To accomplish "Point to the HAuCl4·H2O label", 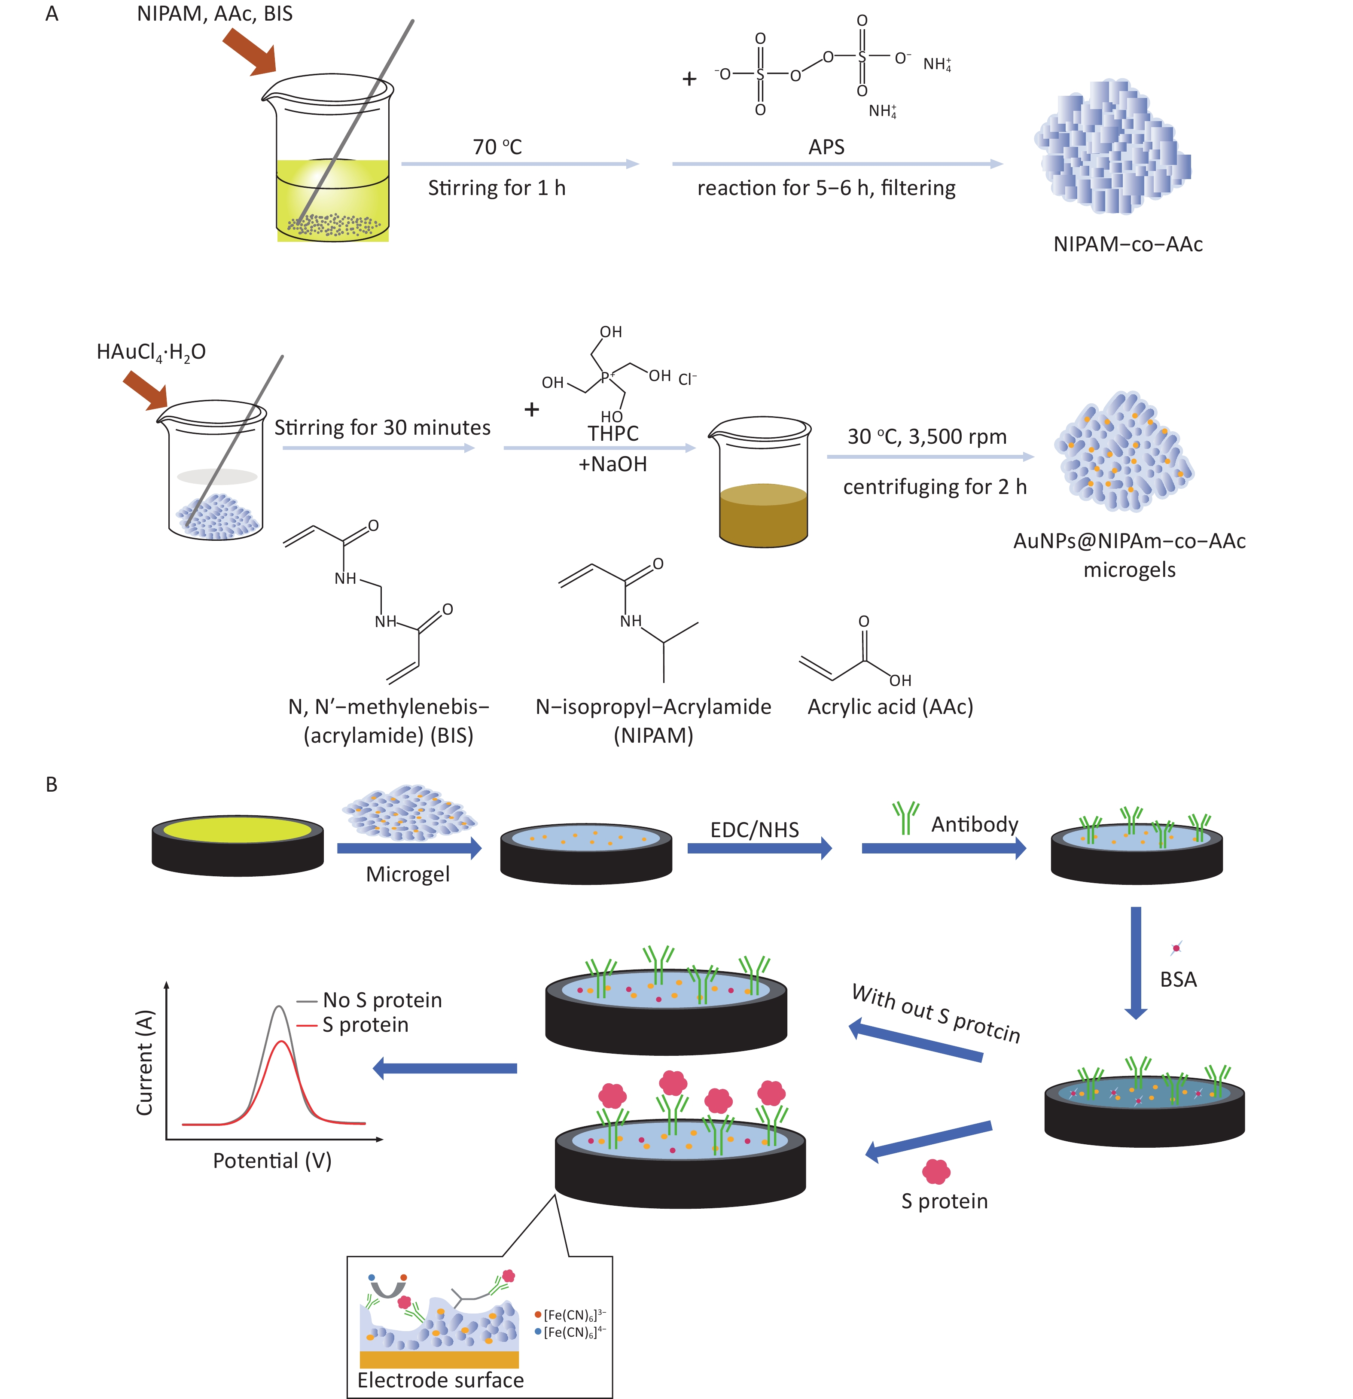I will tap(151, 352).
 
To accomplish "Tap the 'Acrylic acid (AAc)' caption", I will tap(890, 707).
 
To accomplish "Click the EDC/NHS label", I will tap(754, 829).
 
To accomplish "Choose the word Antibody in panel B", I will tap(974, 824).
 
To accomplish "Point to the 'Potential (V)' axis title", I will tap(272, 1161).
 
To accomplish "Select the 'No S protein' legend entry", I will tap(382, 1000).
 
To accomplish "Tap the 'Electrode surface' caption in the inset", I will tap(440, 1380).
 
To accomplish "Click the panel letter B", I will tap(52, 784).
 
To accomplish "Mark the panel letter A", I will tap(52, 14).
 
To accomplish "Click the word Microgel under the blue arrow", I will tap(408, 875).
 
